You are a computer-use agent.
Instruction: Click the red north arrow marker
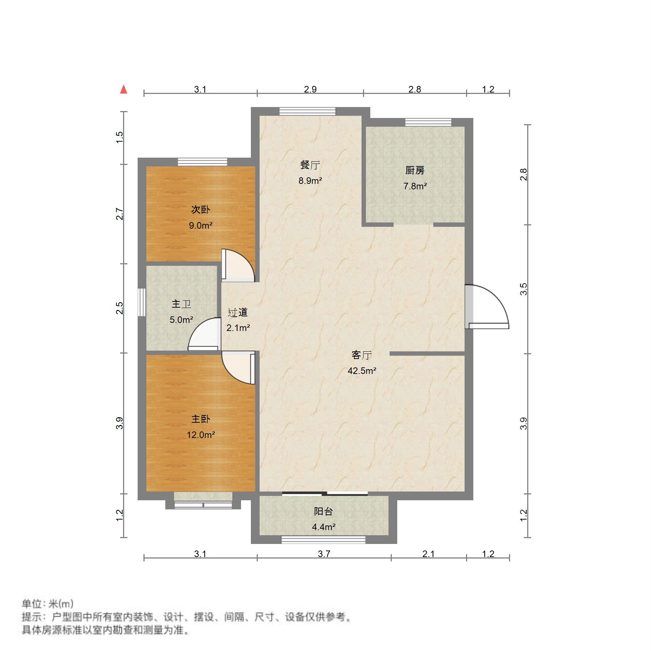(x=124, y=90)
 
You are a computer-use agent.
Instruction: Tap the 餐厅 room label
(x=310, y=165)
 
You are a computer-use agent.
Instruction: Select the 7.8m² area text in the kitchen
(x=415, y=186)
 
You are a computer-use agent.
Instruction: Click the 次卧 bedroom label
(x=201, y=210)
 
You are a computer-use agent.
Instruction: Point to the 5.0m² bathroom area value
(x=181, y=320)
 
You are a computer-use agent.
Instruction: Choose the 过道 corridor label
(x=238, y=312)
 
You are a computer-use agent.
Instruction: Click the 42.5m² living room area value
(x=362, y=371)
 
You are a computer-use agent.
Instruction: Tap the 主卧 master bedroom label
(x=201, y=419)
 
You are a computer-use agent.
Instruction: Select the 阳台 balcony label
(x=323, y=512)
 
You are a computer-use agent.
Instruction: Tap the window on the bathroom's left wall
(x=142, y=302)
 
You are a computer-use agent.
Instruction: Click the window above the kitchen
(x=428, y=122)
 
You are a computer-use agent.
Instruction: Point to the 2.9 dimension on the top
(x=311, y=90)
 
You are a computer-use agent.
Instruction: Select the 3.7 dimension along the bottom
(x=324, y=554)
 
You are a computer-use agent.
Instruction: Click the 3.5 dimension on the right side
(x=524, y=289)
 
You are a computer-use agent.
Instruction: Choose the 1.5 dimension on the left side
(x=120, y=137)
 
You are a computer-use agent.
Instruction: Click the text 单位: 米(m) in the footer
(x=48, y=604)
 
